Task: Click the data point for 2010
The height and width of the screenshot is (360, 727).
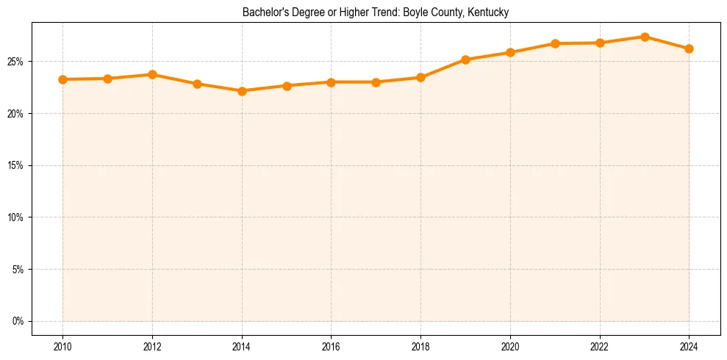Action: (62, 79)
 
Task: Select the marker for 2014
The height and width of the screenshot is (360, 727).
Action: (242, 91)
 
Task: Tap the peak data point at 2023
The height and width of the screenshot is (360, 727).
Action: (645, 37)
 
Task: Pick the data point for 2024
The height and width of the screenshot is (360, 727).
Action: (690, 48)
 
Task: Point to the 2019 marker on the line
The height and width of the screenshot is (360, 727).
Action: (465, 60)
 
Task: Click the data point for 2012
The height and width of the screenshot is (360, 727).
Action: (152, 74)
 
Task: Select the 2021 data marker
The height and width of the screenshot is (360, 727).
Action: (555, 43)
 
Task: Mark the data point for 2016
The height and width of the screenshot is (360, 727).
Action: (332, 82)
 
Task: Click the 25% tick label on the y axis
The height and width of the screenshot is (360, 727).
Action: (15, 62)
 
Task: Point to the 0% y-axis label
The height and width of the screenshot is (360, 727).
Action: (18, 321)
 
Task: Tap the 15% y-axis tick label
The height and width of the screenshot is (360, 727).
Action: (15, 165)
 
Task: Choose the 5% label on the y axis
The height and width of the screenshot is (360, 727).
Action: (18, 270)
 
